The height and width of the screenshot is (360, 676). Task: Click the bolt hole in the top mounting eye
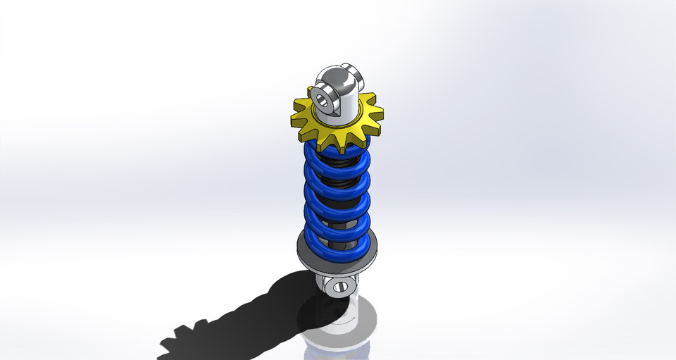(325, 97)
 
